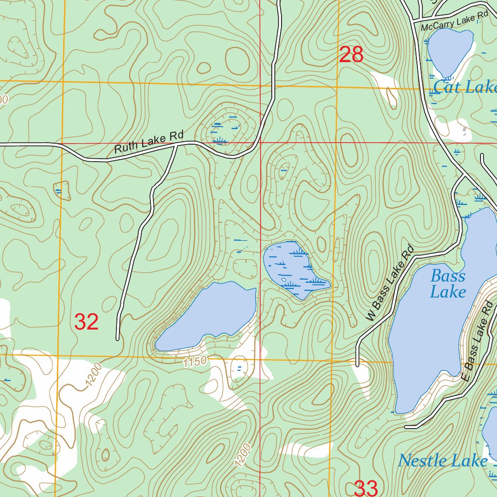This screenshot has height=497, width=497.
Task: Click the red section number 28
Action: (351, 55)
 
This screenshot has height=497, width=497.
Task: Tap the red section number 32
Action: (87, 322)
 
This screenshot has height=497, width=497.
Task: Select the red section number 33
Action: (366, 488)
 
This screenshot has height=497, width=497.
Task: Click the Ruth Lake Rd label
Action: (146, 142)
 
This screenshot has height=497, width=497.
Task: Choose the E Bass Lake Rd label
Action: (478, 341)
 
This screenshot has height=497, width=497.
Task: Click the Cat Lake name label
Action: (464, 87)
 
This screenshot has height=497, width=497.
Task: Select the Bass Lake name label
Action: (447, 284)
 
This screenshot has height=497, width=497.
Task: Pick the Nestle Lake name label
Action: (443, 461)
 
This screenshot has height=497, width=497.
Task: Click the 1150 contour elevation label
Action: (195, 362)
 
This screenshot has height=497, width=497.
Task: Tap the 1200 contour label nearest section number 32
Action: (94, 375)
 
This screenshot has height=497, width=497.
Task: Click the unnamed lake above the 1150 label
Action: (206, 316)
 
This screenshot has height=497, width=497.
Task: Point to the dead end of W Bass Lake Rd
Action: (357, 365)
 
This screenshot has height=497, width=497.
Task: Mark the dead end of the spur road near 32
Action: (117, 339)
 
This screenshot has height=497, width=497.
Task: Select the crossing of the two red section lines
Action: (260, 143)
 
